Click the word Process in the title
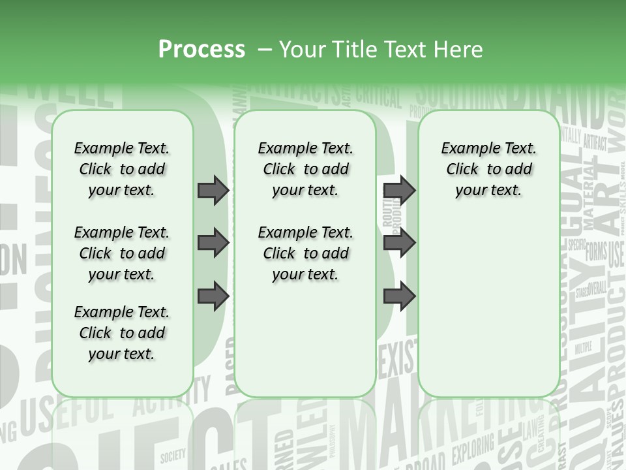pyautogui.click(x=201, y=49)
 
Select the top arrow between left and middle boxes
pyautogui.click(x=213, y=190)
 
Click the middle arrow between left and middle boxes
pyautogui.click(x=213, y=243)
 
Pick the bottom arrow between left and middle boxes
pyautogui.click(x=213, y=296)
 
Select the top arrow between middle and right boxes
pyautogui.click(x=399, y=190)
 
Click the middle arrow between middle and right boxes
pyautogui.click(x=399, y=243)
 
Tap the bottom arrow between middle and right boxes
pyautogui.click(x=399, y=296)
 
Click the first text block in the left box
pyautogui.click(x=122, y=169)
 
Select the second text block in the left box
pyautogui.click(x=122, y=253)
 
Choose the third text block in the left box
pyautogui.click(x=122, y=333)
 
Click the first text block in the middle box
pyautogui.click(x=305, y=169)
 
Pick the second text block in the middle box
pyautogui.click(x=305, y=253)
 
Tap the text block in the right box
pyautogui.click(x=488, y=169)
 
